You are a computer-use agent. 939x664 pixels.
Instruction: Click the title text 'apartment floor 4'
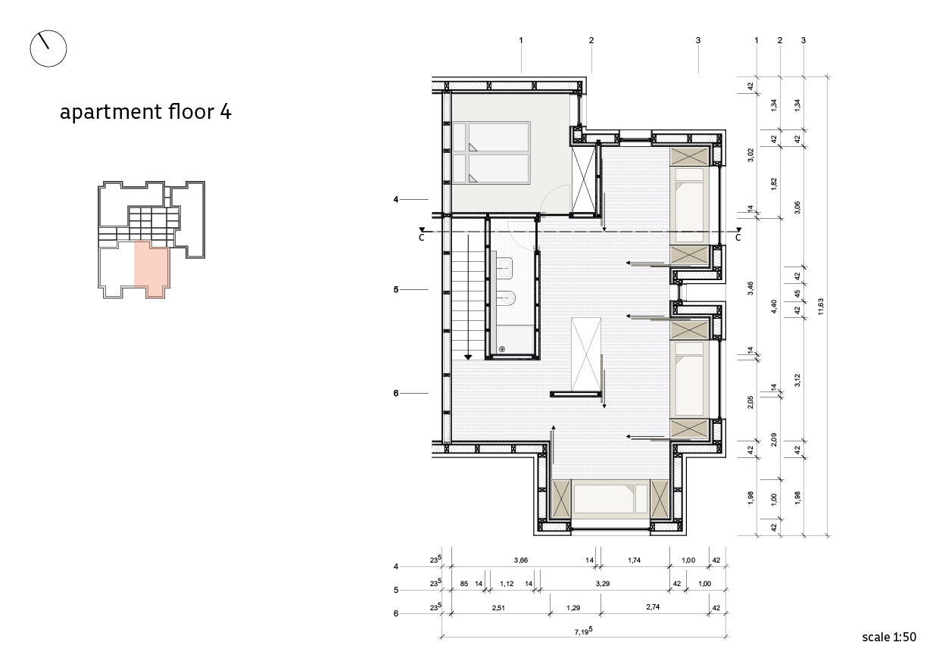point(145,112)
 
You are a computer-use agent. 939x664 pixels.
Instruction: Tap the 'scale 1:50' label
point(889,638)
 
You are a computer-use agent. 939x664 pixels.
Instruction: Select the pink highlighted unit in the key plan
point(151,268)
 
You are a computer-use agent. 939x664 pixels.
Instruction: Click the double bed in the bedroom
point(491,153)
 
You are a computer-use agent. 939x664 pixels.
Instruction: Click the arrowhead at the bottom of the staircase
point(468,357)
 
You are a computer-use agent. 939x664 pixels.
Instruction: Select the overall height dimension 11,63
point(820,307)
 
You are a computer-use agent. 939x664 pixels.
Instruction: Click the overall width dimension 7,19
point(584,631)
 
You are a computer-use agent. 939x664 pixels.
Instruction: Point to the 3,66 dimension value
point(521,560)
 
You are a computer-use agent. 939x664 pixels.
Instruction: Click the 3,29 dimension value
point(602,584)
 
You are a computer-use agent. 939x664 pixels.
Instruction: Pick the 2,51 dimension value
point(498,608)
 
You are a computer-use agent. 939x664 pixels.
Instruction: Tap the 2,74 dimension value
point(653,606)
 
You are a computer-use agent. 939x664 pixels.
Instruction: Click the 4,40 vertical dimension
point(774,306)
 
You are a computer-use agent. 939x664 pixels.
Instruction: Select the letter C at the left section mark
point(421,238)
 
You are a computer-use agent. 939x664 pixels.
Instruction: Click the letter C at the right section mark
point(738,238)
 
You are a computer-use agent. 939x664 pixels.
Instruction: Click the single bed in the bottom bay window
point(610,499)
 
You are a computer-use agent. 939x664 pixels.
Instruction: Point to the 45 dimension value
point(797,294)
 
